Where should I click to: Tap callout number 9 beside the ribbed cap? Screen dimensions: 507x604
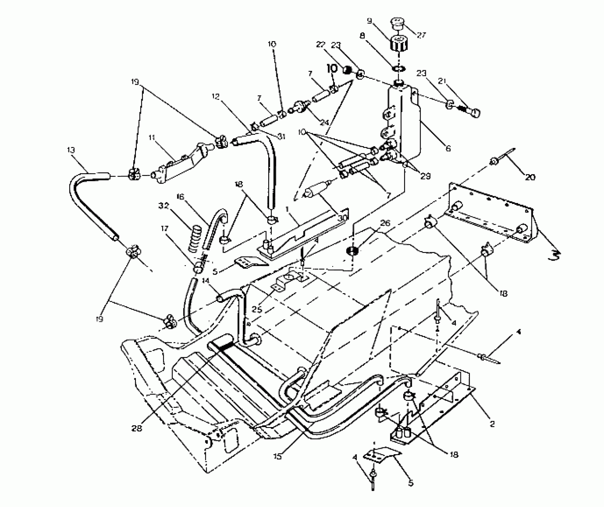[x=370, y=21]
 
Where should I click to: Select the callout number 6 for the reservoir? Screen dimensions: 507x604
[x=448, y=148]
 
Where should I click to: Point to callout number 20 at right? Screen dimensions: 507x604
[x=530, y=177]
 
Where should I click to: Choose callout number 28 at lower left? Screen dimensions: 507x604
[x=137, y=428]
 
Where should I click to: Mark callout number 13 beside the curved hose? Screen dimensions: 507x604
[x=71, y=150]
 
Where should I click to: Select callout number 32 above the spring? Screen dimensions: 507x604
[x=164, y=206]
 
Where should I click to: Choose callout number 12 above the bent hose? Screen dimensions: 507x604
[x=216, y=96]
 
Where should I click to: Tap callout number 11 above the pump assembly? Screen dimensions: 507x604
[x=152, y=137]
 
